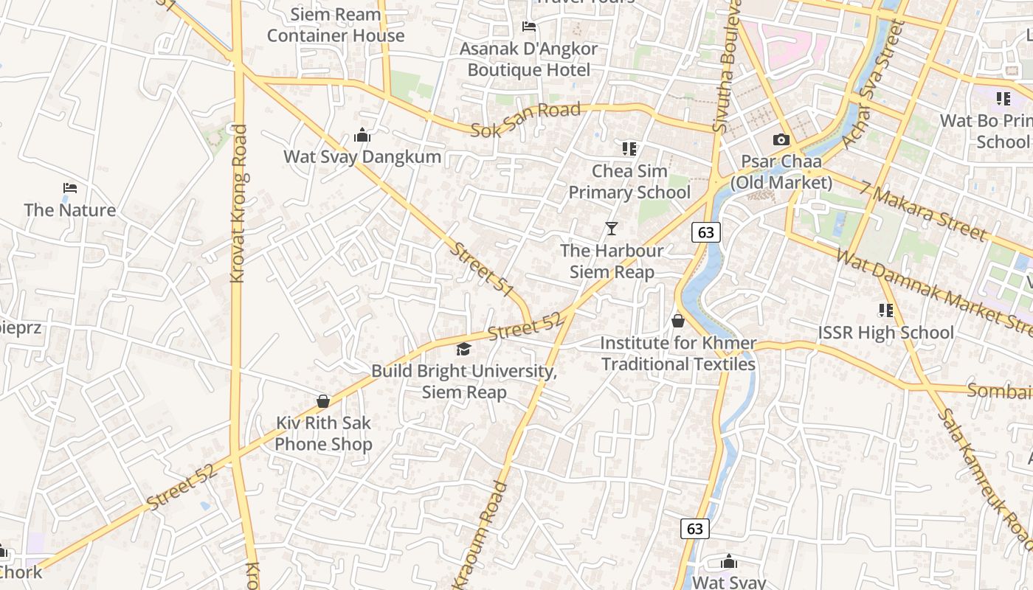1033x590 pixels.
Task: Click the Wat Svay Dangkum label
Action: (x=362, y=156)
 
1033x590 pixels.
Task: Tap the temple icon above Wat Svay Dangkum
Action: (x=362, y=136)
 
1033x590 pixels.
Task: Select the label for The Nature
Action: (x=70, y=210)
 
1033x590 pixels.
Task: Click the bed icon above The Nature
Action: (x=70, y=188)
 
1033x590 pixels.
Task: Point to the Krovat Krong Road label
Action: (x=238, y=204)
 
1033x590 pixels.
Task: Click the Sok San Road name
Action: (x=525, y=120)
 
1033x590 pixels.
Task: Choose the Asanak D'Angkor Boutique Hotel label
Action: (x=528, y=60)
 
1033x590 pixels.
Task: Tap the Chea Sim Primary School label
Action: (x=629, y=181)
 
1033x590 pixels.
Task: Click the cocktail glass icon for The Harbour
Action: (x=612, y=229)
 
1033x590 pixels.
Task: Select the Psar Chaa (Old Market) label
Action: (x=781, y=172)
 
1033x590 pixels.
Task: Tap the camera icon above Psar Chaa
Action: (x=781, y=139)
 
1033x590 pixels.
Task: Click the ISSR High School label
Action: (x=885, y=333)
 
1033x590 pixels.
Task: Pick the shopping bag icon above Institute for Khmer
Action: (x=678, y=321)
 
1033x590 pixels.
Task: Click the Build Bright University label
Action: (x=464, y=381)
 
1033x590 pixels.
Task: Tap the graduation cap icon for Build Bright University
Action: (x=463, y=349)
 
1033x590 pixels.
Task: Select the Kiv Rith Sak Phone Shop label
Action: (x=323, y=434)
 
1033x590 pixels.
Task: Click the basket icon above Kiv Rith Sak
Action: (x=322, y=401)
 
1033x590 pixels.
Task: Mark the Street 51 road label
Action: (x=481, y=270)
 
